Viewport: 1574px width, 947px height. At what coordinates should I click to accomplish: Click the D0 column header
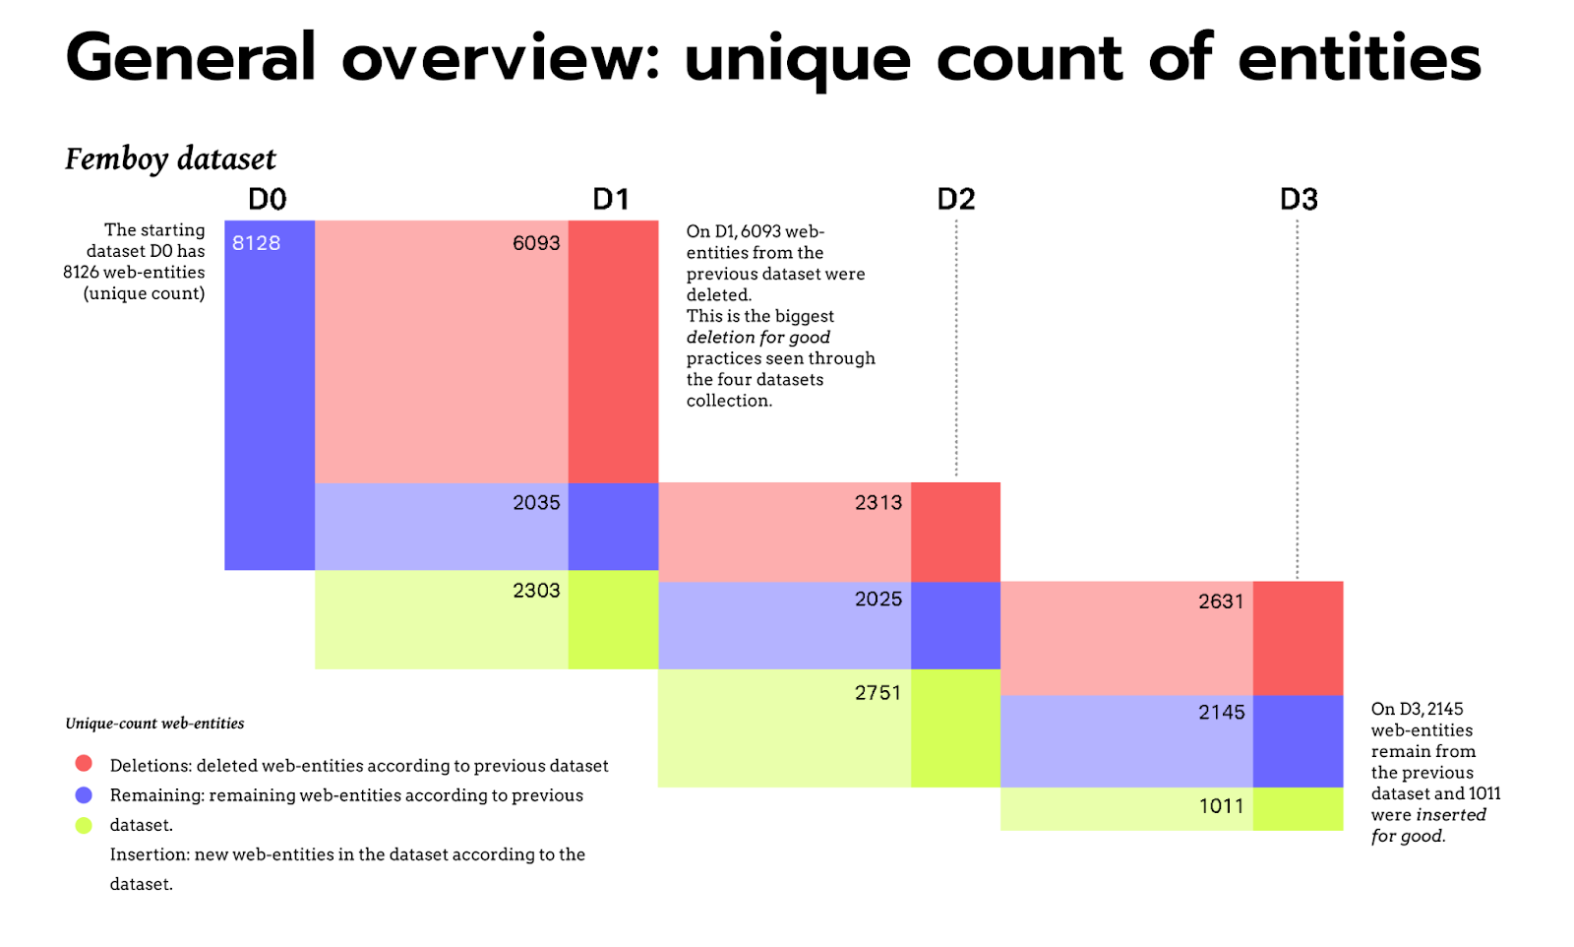tap(267, 200)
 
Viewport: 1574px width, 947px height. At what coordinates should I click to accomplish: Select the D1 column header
tap(611, 200)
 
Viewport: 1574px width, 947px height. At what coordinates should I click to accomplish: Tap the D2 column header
tap(955, 200)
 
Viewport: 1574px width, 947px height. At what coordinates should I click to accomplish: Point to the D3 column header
tap(1299, 200)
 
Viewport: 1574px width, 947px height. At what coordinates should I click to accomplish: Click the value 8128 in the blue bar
tap(257, 243)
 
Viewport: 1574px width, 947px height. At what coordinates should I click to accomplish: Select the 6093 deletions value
tap(536, 243)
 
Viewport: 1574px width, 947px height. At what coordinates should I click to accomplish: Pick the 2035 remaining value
tap(536, 503)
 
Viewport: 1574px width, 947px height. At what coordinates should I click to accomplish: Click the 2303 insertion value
tap(536, 591)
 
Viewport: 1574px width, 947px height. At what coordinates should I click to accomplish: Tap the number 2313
tap(878, 503)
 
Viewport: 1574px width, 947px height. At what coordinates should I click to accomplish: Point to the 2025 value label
tap(878, 600)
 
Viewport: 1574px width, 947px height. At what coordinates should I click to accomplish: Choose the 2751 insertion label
tap(878, 693)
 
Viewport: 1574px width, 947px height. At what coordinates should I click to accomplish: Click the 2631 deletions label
tap(1221, 601)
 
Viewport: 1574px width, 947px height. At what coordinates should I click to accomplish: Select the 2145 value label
tap(1221, 713)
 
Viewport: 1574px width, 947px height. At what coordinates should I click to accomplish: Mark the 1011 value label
tap(1221, 806)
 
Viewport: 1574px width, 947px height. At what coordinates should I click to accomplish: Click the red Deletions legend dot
tap(84, 764)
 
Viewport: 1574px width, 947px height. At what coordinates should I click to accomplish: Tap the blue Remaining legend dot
tap(84, 794)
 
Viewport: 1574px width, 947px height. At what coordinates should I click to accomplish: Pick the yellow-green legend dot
tap(84, 825)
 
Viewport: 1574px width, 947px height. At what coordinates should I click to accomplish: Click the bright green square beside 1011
tap(1298, 808)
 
